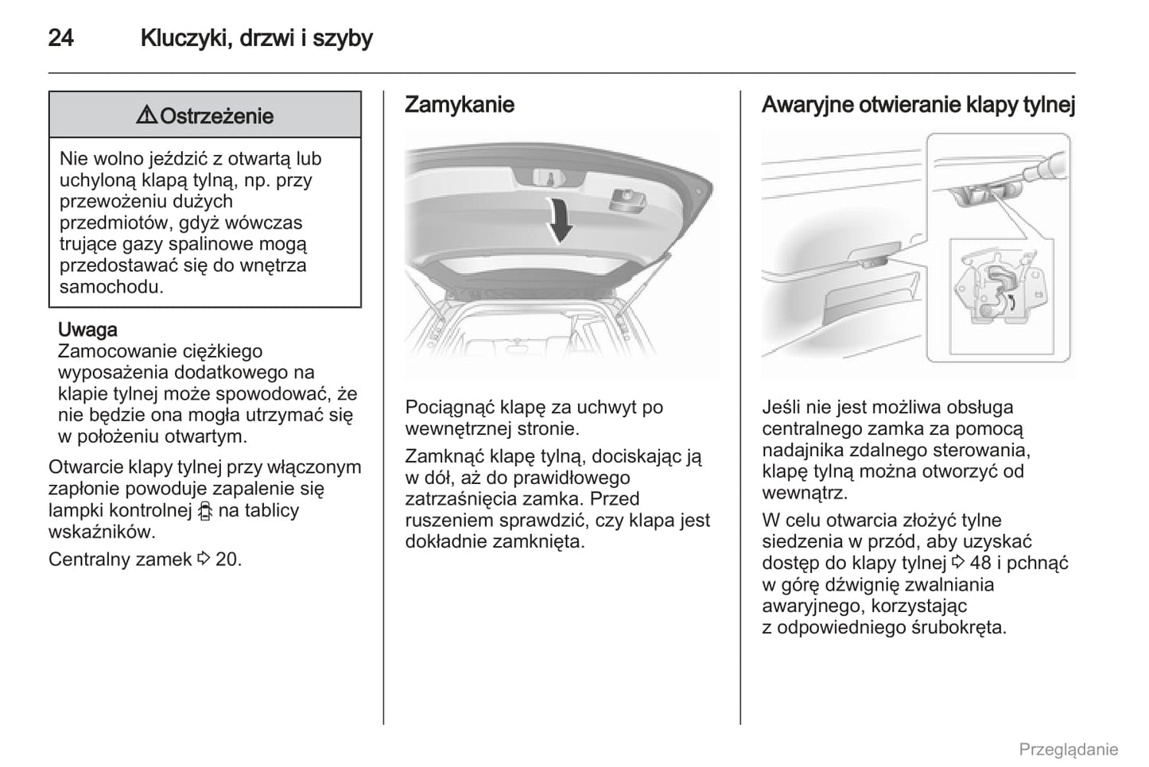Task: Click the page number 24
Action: (61, 38)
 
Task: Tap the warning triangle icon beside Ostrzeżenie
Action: (146, 116)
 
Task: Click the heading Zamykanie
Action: (459, 105)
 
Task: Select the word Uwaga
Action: (87, 330)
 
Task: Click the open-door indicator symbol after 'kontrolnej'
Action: (205, 511)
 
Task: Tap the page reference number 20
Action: (227, 560)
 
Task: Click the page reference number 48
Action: (980, 564)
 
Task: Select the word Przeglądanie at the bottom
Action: (1068, 750)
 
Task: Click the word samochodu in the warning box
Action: (111, 287)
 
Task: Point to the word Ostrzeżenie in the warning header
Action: (216, 116)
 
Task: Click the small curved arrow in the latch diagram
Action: (1011, 300)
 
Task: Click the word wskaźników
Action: (102, 533)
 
